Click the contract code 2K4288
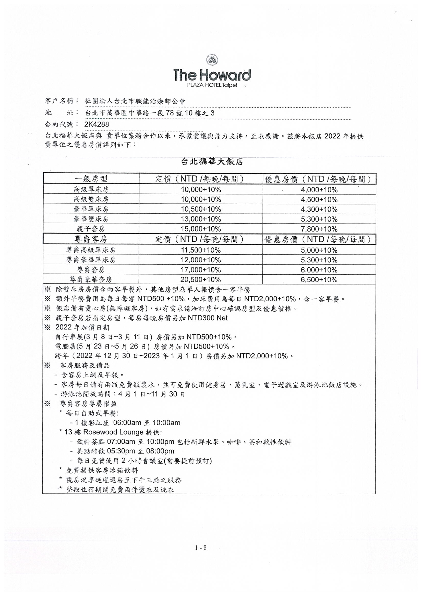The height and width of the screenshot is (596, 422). coord(97,124)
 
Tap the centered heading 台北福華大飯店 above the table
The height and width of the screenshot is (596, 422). coord(212,162)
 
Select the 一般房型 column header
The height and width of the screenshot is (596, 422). coord(91,179)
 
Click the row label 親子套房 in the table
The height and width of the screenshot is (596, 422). coord(91,229)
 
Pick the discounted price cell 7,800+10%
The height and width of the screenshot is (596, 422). coord(319,229)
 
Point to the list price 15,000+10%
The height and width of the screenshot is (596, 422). coord(201,229)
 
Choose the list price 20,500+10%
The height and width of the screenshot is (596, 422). coord(201,280)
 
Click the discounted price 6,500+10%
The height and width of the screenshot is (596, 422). coord(319,280)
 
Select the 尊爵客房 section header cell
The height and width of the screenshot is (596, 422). coord(91,239)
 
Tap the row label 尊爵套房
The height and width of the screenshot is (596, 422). coord(91,270)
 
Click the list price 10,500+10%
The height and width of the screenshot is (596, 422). coord(201,209)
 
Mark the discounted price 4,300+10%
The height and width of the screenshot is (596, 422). coord(319,210)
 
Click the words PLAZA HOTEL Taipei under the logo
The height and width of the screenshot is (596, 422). coord(212,85)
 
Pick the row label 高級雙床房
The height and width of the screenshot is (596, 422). coord(91,199)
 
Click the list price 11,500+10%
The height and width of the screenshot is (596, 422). coord(201,250)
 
